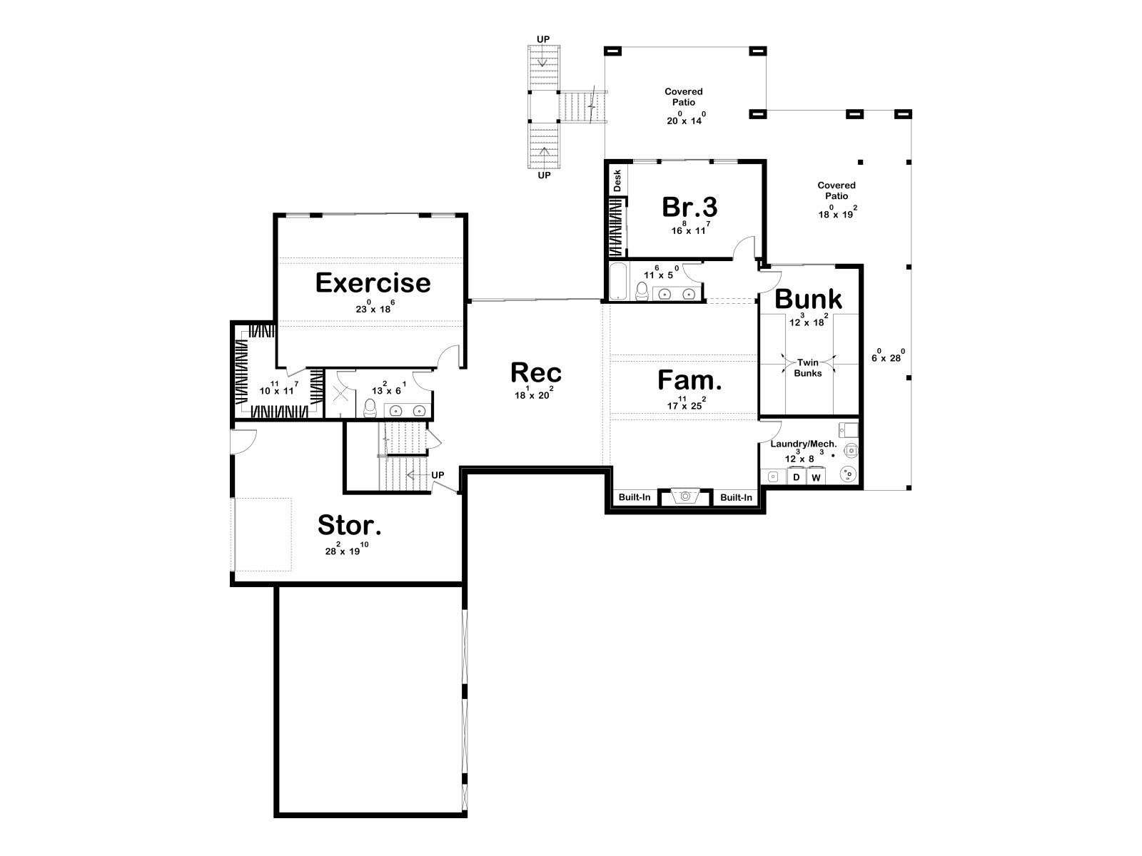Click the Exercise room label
[x=373, y=283]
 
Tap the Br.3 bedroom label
[x=689, y=207]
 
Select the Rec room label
[x=536, y=372]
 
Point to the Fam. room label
[x=689, y=380]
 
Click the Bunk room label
[x=808, y=299]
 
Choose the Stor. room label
[x=349, y=525]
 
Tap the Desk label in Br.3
[x=617, y=181]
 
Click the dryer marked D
[x=796, y=477]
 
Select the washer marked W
[x=816, y=477]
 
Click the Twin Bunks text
[x=807, y=368]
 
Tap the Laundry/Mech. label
[x=803, y=444]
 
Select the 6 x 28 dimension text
[x=888, y=356]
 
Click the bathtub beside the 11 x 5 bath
[x=619, y=281]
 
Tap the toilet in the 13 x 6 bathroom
[x=370, y=408]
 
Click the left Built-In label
[x=635, y=497]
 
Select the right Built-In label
[x=736, y=498]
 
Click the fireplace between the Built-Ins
[x=684, y=497]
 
